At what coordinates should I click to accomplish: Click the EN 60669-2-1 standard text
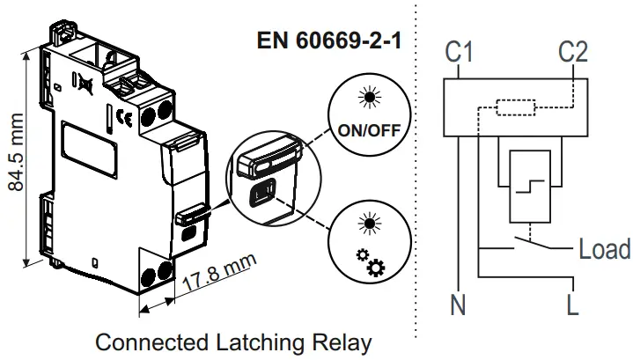(329, 40)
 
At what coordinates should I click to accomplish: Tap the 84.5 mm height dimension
(17, 152)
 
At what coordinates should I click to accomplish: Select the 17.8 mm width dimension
(218, 272)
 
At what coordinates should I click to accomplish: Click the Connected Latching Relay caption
(233, 343)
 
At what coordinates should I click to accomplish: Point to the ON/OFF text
(369, 130)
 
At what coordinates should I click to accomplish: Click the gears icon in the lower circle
(370, 262)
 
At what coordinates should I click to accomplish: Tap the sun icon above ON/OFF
(370, 98)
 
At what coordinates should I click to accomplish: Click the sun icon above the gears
(370, 224)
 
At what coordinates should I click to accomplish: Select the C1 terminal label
(459, 52)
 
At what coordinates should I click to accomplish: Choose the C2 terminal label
(573, 52)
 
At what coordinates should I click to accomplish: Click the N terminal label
(458, 305)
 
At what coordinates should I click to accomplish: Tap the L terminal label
(573, 305)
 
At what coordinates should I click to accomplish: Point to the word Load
(605, 249)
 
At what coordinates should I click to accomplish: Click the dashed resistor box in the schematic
(516, 107)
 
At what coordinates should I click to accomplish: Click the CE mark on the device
(124, 118)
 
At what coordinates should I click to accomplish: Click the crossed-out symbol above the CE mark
(86, 85)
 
